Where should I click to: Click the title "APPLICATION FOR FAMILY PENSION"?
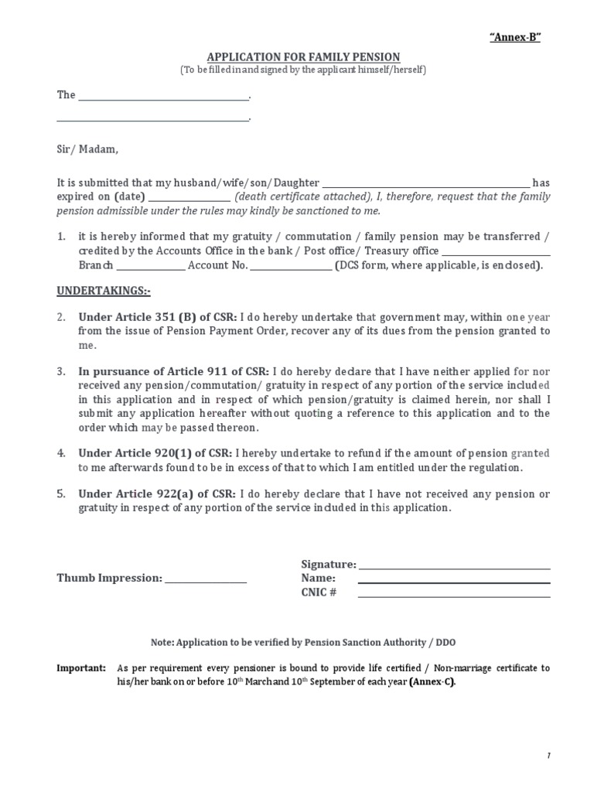(x=303, y=57)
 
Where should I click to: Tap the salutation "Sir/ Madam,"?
(x=87, y=149)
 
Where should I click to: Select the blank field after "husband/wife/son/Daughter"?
(x=425, y=183)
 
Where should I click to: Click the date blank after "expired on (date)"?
(x=189, y=197)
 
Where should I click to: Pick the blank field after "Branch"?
(x=151, y=265)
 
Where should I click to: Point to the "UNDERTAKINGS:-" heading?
(x=104, y=292)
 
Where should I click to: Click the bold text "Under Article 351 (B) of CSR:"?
(x=158, y=317)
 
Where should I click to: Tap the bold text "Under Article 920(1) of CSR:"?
(x=158, y=454)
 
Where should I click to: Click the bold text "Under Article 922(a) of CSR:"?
(x=158, y=494)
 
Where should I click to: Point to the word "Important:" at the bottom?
(x=81, y=668)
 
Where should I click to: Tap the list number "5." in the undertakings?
(x=61, y=494)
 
